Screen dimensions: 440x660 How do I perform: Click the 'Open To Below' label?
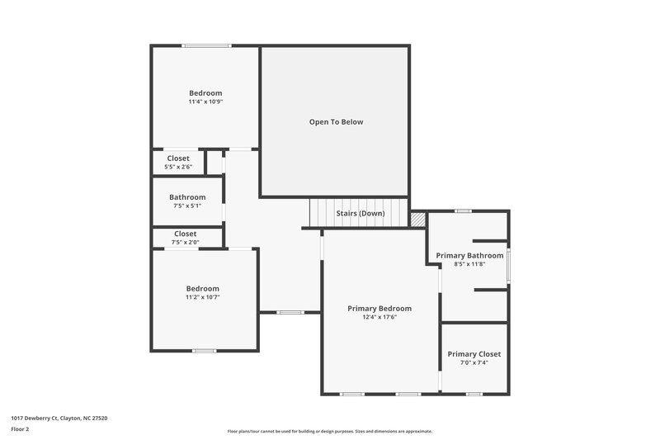336,122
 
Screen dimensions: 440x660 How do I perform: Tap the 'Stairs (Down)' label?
359,213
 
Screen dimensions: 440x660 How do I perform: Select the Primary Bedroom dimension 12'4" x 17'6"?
379,317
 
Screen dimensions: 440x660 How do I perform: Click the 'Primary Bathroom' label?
469,256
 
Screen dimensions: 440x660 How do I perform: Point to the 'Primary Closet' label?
474,354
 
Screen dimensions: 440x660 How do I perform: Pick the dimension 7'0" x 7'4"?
474,362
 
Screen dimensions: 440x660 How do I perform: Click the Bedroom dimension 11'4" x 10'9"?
205,102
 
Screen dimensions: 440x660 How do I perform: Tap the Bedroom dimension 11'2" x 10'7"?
202,297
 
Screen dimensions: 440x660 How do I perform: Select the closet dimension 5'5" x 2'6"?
178,167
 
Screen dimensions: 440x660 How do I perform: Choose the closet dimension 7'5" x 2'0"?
185,243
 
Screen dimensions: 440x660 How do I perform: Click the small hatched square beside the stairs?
418,219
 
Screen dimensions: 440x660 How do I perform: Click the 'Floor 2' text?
20,429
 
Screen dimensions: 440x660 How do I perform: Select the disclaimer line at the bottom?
329,431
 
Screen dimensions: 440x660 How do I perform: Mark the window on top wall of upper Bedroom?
206,46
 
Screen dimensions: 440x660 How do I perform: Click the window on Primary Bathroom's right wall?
508,265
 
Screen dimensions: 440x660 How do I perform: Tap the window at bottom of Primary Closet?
474,394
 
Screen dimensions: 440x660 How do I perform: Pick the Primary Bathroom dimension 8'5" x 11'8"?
469,264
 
